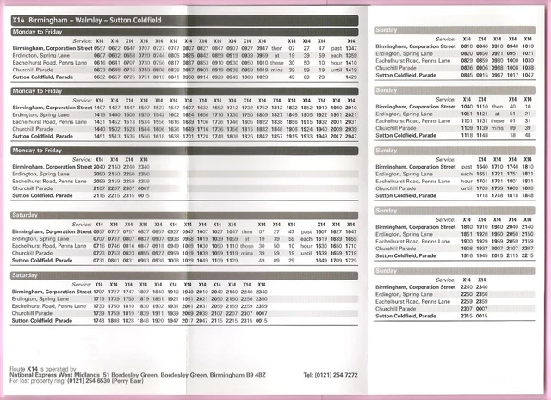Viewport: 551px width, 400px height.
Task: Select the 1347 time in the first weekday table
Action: click(x=350, y=49)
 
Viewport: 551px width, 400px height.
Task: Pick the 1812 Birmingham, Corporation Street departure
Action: click(x=277, y=108)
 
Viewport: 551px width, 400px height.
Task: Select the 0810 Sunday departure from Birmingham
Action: click(x=462, y=49)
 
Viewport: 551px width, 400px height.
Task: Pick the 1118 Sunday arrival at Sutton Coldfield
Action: click(x=462, y=134)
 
